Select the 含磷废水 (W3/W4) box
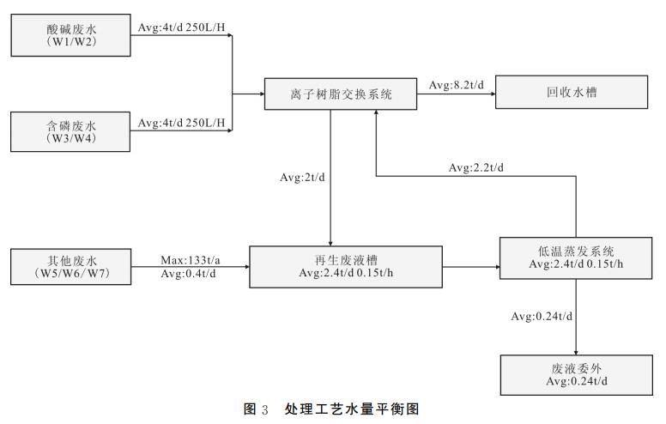[72, 130]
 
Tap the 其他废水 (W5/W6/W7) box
[72, 267]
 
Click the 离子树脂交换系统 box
[341, 94]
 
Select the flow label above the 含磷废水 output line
[182, 124]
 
